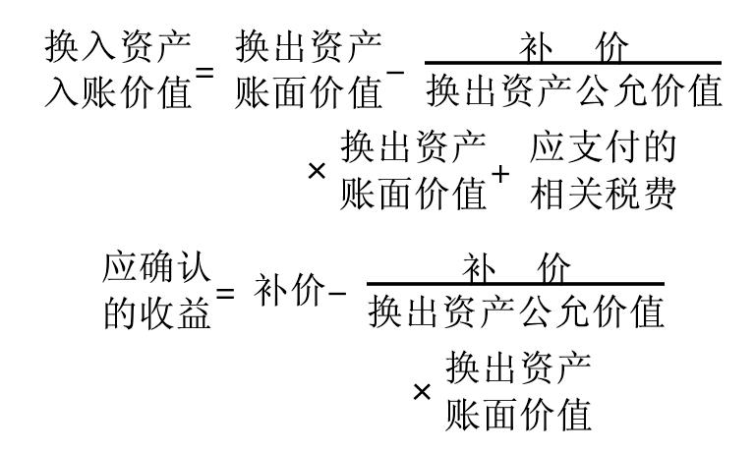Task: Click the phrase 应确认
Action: pos(156,268)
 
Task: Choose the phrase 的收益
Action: pos(156,312)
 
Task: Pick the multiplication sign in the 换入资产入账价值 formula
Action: pos(317,170)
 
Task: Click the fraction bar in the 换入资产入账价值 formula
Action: pos(574,65)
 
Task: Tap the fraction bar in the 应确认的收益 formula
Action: pos(515,286)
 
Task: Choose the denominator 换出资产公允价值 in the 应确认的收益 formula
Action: pos(515,313)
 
